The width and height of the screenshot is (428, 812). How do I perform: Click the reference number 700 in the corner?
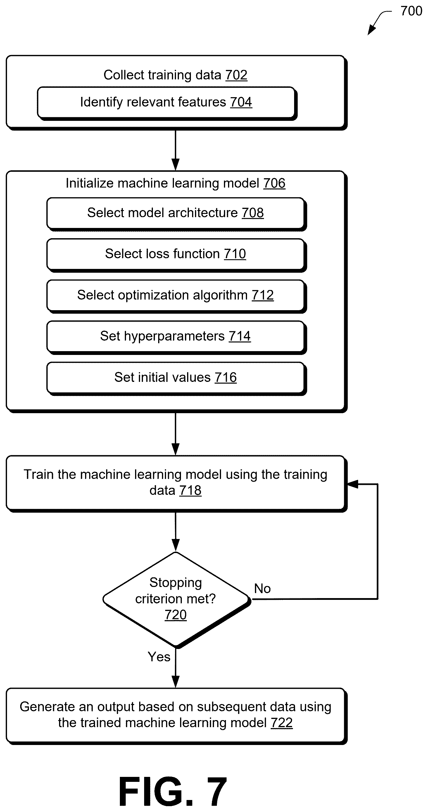(x=411, y=11)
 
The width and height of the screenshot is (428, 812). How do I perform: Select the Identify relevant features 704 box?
(x=167, y=103)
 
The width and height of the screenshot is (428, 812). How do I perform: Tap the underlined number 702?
(x=236, y=75)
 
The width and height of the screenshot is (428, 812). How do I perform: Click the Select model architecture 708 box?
(x=176, y=214)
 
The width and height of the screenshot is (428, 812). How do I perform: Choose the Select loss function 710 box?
(x=176, y=255)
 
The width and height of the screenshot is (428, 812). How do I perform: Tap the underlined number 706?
(x=274, y=183)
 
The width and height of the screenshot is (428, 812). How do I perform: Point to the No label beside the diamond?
(x=262, y=588)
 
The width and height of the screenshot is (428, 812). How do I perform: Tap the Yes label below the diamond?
(x=159, y=657)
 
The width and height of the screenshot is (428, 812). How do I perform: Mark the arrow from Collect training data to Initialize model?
(x=175, y=150)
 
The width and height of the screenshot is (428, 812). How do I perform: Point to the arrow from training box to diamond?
(x=175, y=532)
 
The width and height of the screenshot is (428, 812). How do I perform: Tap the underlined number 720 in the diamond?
(x=175, y=615)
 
